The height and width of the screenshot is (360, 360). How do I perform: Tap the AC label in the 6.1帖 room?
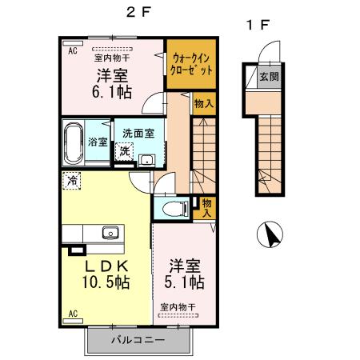(x=71, y=51)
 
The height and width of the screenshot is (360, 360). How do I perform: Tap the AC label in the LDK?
(x=71, y=313)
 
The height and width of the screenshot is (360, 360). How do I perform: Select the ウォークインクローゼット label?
(x=192, y=63)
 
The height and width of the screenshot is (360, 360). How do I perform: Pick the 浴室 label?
(x=98, y=141)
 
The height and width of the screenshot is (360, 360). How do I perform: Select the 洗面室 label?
(x=138, y=134)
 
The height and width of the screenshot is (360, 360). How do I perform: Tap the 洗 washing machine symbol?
(x=124, y=151)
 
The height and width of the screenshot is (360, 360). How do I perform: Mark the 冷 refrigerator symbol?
(x=73, y=181)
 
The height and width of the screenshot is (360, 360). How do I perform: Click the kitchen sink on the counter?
(x=110, y=234)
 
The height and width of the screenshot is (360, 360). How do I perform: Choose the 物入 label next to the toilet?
(x=206, y=208)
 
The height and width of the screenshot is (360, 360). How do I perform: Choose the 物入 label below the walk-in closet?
(x=203, y=102)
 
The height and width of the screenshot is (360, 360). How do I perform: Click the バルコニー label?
(x=138, y=340)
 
